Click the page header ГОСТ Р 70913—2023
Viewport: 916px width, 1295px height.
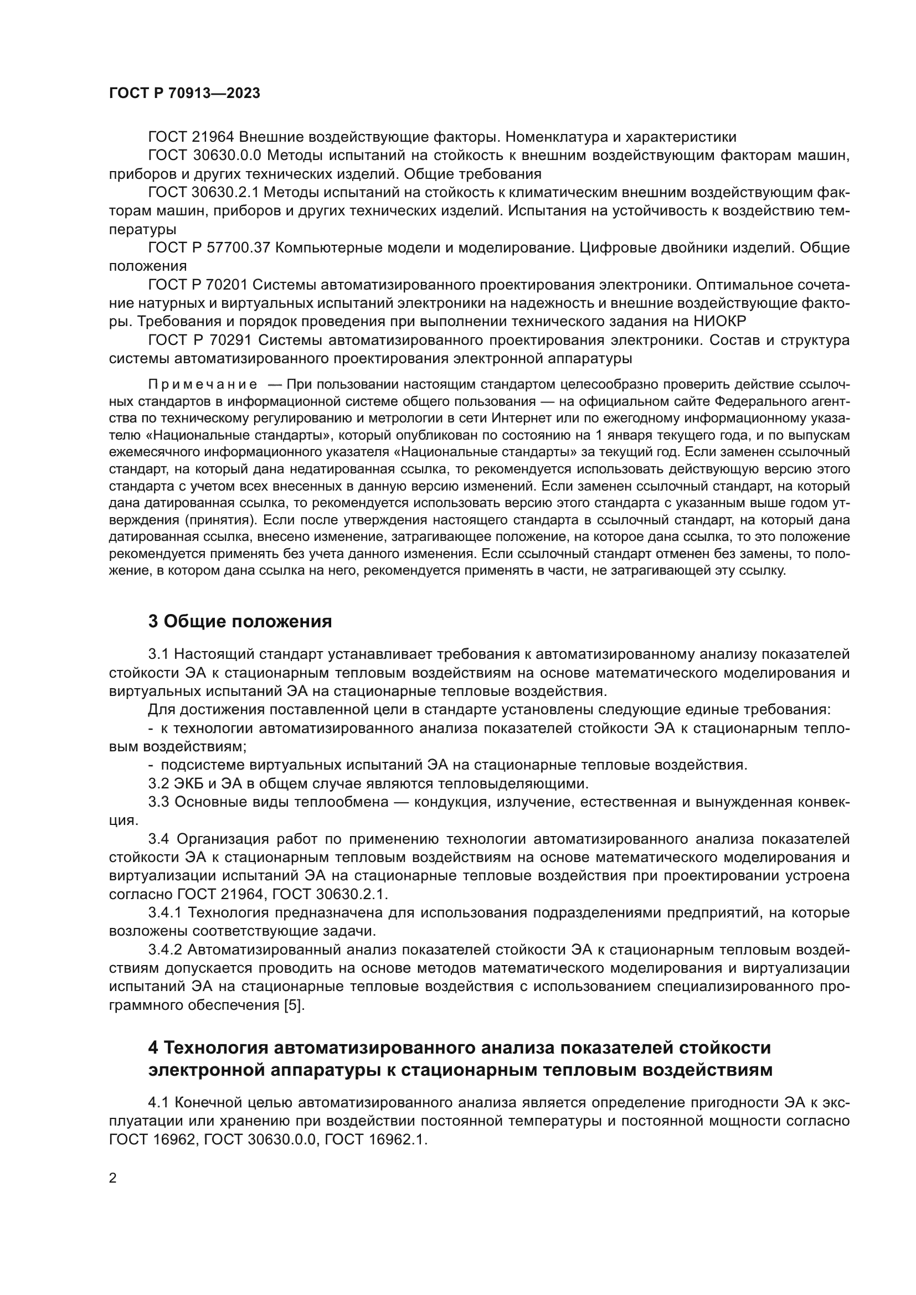click(184, 94)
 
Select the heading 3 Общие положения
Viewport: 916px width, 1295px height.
click(240, 622)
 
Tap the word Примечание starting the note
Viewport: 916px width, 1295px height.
click(203, 385)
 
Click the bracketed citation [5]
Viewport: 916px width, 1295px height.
click(294, 1005)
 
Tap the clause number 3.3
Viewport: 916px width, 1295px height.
click(158, 802)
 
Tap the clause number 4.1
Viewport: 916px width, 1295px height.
click(158, 1102)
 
